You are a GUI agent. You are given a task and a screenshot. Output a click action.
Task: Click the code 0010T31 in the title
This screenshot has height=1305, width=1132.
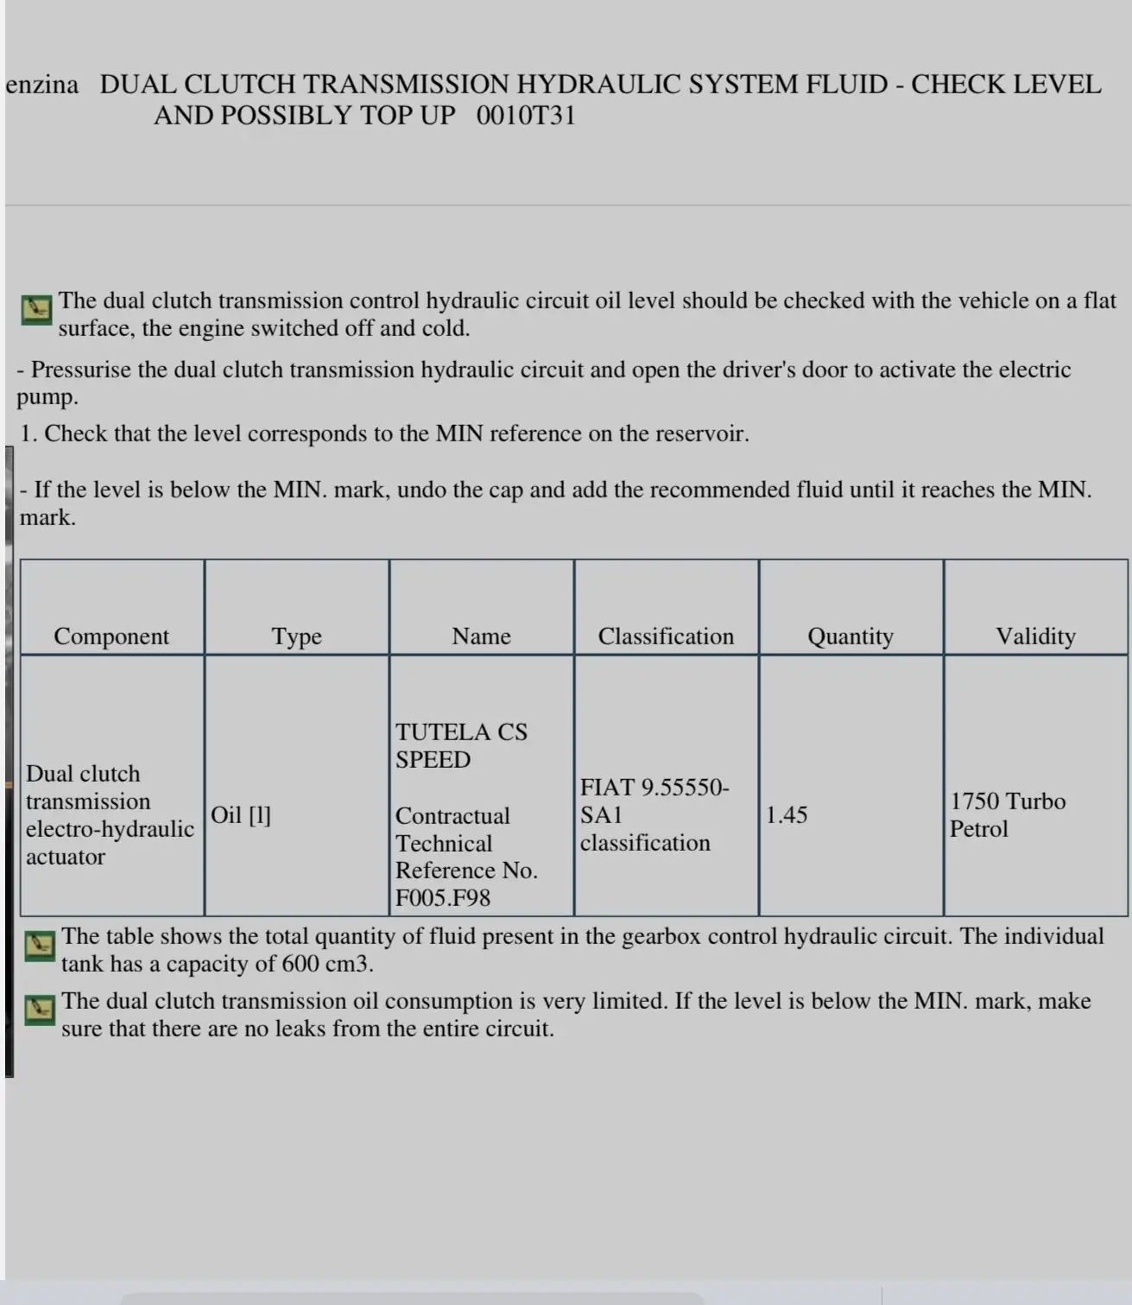pos(525,116)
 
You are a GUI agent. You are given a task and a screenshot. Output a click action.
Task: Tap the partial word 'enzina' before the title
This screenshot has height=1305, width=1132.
pos(41,85)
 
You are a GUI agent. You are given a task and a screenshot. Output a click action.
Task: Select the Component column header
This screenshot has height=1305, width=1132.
pos(111,637)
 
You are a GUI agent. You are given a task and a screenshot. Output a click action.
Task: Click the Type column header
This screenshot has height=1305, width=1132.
pos(296,637)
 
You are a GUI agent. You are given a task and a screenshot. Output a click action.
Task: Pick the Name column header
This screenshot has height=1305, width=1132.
pos(481,637)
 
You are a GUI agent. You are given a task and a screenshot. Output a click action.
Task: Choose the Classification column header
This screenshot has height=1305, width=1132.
pos(666,637)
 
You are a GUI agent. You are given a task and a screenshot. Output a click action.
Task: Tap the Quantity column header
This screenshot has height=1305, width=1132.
pos(851,637)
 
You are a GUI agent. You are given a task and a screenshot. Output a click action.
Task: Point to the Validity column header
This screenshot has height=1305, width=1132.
pos(1035,637)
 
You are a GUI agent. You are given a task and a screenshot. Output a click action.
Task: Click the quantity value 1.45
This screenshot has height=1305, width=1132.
pos(787,815)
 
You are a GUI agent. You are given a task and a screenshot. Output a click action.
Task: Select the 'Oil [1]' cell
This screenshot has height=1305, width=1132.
pos(241,815)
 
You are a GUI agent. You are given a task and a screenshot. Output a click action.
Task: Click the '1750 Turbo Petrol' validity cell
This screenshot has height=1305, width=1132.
pos(1007,815)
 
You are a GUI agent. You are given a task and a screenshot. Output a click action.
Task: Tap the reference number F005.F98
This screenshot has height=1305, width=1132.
pos(443,898)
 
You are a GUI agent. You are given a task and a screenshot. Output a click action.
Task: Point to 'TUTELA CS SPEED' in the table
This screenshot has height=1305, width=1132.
pos(460,746)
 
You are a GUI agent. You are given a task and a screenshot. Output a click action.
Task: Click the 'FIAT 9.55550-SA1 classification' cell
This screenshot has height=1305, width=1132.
pos(654,815)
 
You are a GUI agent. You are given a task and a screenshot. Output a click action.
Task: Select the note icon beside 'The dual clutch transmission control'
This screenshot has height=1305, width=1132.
pos(36,308)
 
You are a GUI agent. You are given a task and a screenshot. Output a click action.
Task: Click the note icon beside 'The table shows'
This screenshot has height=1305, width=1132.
pos(40,945)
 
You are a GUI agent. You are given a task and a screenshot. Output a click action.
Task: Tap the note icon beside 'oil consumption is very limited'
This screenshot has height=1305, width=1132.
pos(40,1009)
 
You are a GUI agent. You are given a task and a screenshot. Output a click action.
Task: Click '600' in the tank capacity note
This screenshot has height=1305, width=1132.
pos(300,964)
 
